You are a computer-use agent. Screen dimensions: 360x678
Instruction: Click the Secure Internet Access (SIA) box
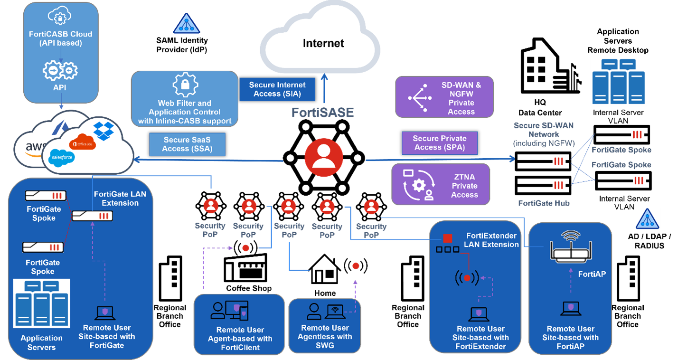tap(277, 89)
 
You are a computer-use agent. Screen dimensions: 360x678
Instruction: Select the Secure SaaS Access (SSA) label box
tap(187, 144)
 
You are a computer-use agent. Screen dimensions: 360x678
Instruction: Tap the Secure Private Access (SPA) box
tap(439, 143)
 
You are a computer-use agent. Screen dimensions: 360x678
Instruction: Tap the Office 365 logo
tap(79, 143)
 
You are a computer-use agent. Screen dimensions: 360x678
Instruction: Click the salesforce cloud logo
tap(61, 157)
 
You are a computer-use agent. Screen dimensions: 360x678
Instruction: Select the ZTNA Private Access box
tap(440, 185)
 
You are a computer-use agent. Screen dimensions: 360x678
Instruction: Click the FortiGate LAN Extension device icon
tap(93, 216)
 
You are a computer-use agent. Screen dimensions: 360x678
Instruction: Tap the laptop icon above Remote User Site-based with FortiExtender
tap(479, 314)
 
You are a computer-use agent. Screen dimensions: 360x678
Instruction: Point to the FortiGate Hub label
tap(544, 203)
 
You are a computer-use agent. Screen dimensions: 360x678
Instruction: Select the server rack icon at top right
tap(618, 81)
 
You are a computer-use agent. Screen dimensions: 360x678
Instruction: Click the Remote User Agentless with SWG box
tap(325, 325)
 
